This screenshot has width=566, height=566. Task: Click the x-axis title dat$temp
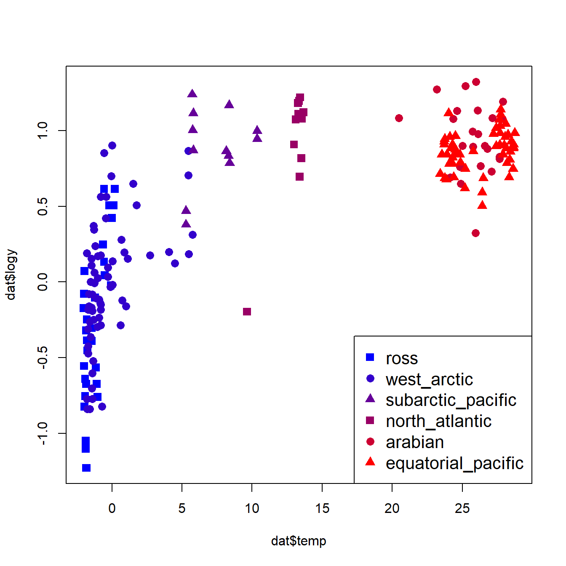298,541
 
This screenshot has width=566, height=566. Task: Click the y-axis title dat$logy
11,275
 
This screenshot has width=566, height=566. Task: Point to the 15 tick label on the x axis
322,508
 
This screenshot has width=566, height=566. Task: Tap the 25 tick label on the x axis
462,508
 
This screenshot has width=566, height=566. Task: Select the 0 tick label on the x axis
112,508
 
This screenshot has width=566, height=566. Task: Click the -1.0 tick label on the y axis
43,433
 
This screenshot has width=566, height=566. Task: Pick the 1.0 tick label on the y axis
43,131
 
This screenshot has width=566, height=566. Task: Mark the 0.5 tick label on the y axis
43,206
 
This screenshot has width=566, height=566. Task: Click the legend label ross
402,358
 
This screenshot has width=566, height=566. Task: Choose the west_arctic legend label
429,379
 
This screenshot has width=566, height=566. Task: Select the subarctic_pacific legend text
451,400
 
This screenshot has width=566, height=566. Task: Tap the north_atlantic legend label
438,421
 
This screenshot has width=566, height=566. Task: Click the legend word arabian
415,442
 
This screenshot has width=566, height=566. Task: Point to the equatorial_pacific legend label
454,463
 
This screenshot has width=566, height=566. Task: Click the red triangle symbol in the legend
370,462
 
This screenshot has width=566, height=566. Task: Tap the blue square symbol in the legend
370,357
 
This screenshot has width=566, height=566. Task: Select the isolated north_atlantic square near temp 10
247,312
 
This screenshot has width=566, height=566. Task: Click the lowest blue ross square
86,468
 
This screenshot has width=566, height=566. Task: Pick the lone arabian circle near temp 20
399,118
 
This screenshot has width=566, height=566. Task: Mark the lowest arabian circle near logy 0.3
475,233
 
